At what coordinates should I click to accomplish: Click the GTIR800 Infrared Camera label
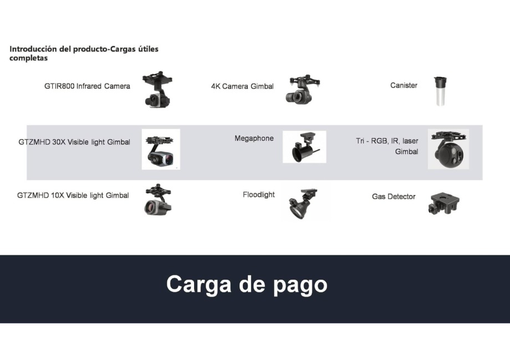[x=87, y=86]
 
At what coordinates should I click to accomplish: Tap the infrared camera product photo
[x=157, y=89]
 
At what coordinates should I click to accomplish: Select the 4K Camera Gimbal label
[x=242, y=86]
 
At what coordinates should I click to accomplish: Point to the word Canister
[x=404, y=85]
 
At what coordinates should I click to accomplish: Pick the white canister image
[x=440, y=91]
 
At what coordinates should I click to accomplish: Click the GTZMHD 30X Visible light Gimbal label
[x=74, y=142]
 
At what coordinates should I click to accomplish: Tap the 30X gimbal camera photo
[x=161, y=149]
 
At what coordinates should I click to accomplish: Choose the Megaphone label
[x=254, y=138]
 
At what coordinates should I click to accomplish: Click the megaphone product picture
[x=304, y=147]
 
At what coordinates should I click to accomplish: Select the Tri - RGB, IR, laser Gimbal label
[x=387, y=146]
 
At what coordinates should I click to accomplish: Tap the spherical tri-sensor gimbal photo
[x=448, y=149]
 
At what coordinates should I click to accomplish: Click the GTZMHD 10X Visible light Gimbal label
[x=73, y=196]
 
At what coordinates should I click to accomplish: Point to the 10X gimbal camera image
[x=158, y=200]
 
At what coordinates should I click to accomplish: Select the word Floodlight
[x=258, y=194]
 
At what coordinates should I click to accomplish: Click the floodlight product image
[x=303, y=203]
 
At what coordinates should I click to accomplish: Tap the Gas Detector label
[x=394, y=197]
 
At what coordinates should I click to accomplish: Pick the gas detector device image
[x=443, y=204]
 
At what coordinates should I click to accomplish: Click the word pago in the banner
[x=300, y=285]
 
